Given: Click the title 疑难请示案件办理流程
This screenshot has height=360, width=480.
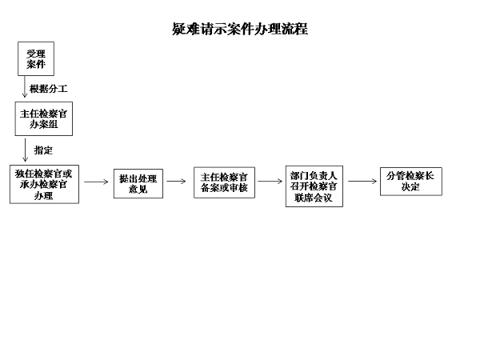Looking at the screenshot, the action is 240,29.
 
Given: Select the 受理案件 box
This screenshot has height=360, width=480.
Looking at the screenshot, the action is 36,58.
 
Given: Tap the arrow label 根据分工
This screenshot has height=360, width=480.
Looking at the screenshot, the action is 48,89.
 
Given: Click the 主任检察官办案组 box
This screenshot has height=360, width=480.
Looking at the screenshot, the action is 44,118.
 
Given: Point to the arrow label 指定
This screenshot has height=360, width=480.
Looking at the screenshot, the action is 43,150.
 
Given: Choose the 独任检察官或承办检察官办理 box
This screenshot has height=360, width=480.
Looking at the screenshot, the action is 44,184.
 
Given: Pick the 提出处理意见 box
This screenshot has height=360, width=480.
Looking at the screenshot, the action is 138,184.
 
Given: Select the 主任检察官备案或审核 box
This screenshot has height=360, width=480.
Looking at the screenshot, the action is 224,182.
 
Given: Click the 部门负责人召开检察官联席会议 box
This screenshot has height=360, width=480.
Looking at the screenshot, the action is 314,186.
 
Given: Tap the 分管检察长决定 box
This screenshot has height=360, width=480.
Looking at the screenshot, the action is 411,182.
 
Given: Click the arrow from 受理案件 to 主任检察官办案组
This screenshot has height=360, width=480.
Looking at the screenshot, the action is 25,87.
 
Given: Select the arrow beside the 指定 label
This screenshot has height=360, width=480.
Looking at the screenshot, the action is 26,150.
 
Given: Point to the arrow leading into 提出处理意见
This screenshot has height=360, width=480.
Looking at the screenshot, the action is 96,182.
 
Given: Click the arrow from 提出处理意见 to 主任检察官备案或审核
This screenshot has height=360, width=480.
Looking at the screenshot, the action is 176,182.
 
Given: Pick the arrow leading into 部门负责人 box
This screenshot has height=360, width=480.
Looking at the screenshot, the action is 270,182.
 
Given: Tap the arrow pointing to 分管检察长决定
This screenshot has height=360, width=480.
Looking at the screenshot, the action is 362,182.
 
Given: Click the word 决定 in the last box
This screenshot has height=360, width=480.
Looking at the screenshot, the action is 410,186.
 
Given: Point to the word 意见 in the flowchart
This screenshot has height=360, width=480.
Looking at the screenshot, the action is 138,189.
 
